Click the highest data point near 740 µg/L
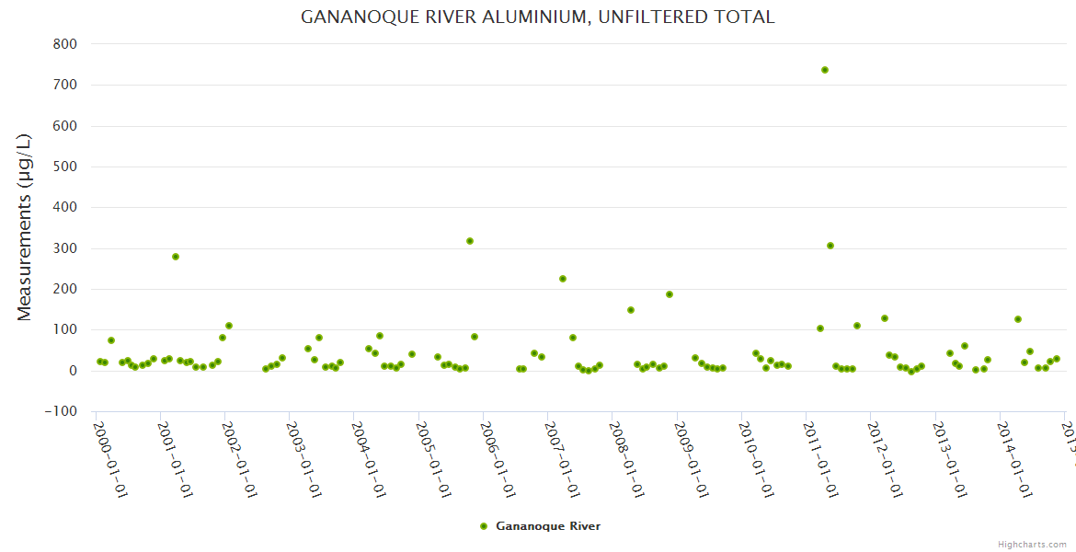point(825,70)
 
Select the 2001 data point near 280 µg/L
point(176,257)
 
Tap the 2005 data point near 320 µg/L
point(470,241)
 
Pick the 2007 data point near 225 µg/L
point(563,279)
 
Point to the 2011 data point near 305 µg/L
point(830,246)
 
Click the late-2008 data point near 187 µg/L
point(670,294)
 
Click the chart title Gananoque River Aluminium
point(538,17)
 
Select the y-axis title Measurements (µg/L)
point(25,227)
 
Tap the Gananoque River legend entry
point(547,526)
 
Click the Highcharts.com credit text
point(1032,544)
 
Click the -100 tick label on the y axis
point(61,411)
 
